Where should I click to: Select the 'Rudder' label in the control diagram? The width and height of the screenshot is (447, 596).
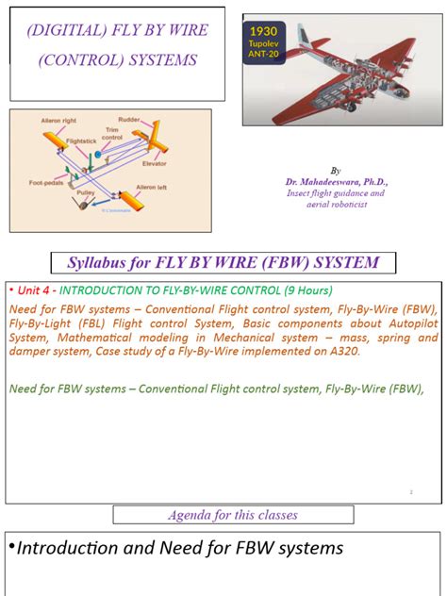(x=130, y=119)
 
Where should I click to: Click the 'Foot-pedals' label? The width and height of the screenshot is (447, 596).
(x=46, y=183)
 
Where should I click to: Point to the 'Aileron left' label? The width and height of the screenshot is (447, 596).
(x=155, y=188)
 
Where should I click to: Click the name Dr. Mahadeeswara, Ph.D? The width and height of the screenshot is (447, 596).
(x=337, y=181)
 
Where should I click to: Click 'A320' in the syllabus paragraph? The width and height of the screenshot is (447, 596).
(x=335, y=352)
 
